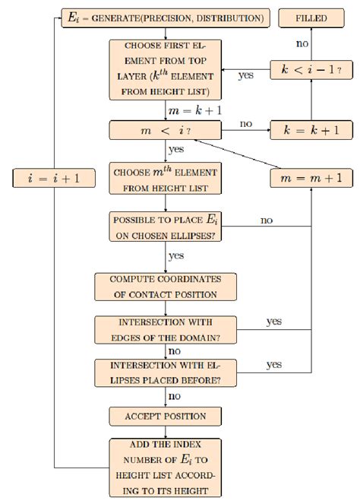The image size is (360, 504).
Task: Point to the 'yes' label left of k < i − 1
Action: [x=245, y=76]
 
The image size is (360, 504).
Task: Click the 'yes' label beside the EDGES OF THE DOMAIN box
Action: [x=273, y=322]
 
